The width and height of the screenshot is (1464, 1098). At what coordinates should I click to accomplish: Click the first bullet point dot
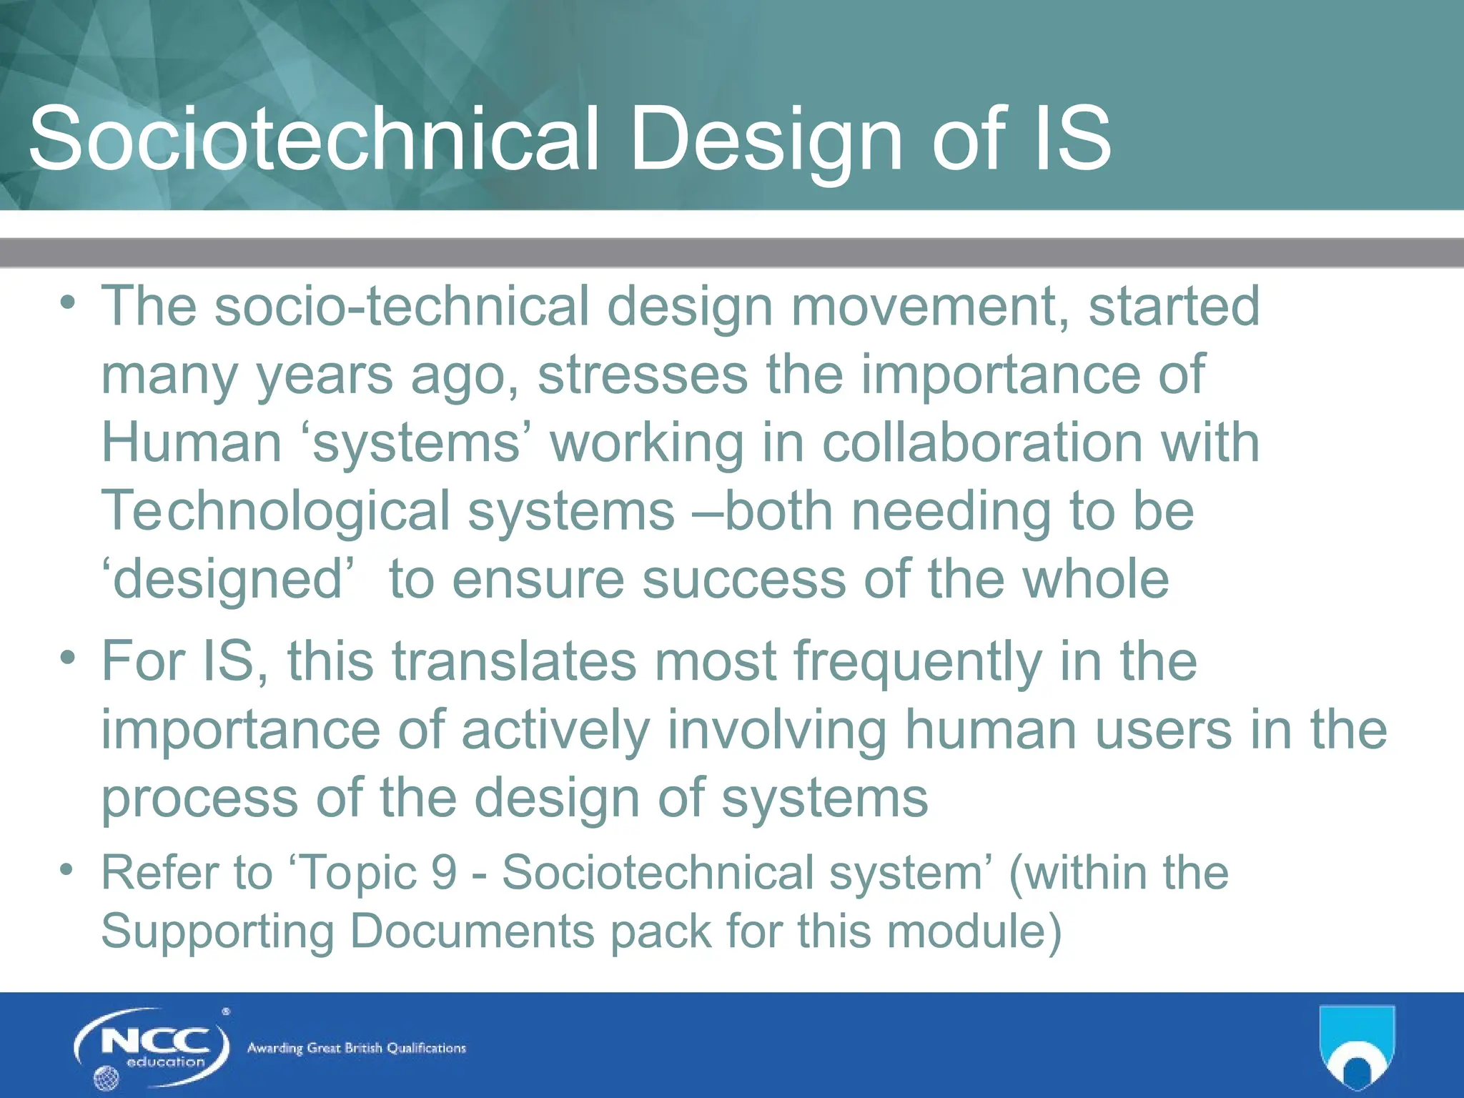68,302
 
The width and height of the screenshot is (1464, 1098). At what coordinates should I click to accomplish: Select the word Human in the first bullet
192,442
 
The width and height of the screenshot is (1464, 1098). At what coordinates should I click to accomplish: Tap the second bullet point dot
68,657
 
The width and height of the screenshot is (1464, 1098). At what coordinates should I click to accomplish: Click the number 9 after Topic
444,873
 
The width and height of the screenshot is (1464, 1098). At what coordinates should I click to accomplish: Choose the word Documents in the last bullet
472,931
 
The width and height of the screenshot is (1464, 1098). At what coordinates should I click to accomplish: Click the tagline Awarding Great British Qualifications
356,1048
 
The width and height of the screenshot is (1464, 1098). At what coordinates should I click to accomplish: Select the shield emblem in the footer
1356,1047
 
